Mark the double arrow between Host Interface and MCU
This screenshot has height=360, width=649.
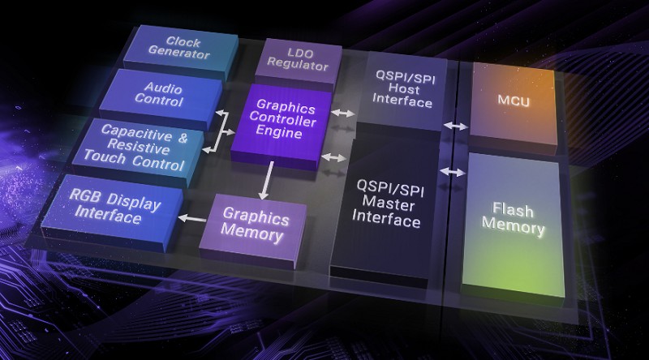point(455,126)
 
